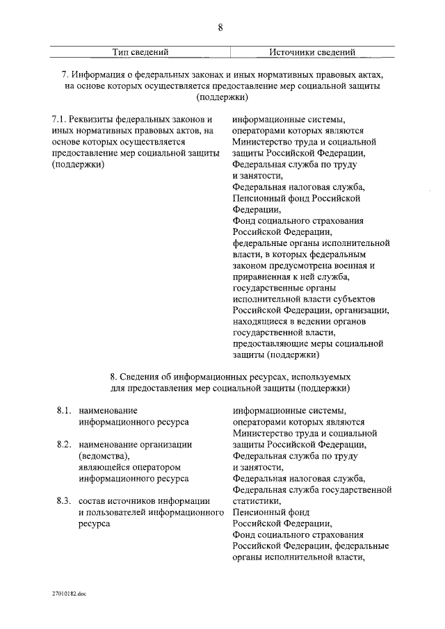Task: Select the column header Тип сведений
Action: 141,51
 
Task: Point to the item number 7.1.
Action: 59,119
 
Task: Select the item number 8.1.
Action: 65,411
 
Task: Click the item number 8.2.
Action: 65,444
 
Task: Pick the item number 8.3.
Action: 65,501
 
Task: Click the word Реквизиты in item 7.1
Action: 91,119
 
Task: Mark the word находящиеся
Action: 261,322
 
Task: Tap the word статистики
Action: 257,501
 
